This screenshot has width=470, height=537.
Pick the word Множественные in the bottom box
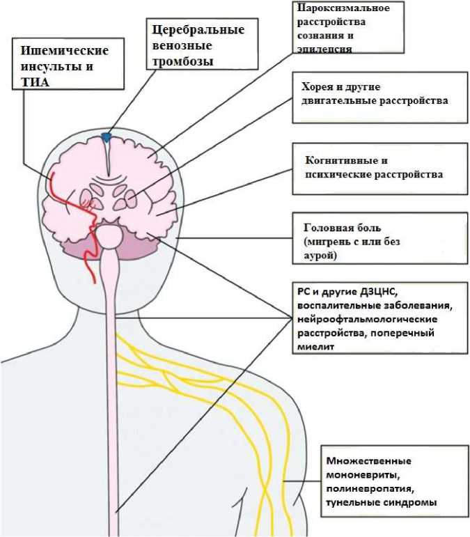coord(368,462)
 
